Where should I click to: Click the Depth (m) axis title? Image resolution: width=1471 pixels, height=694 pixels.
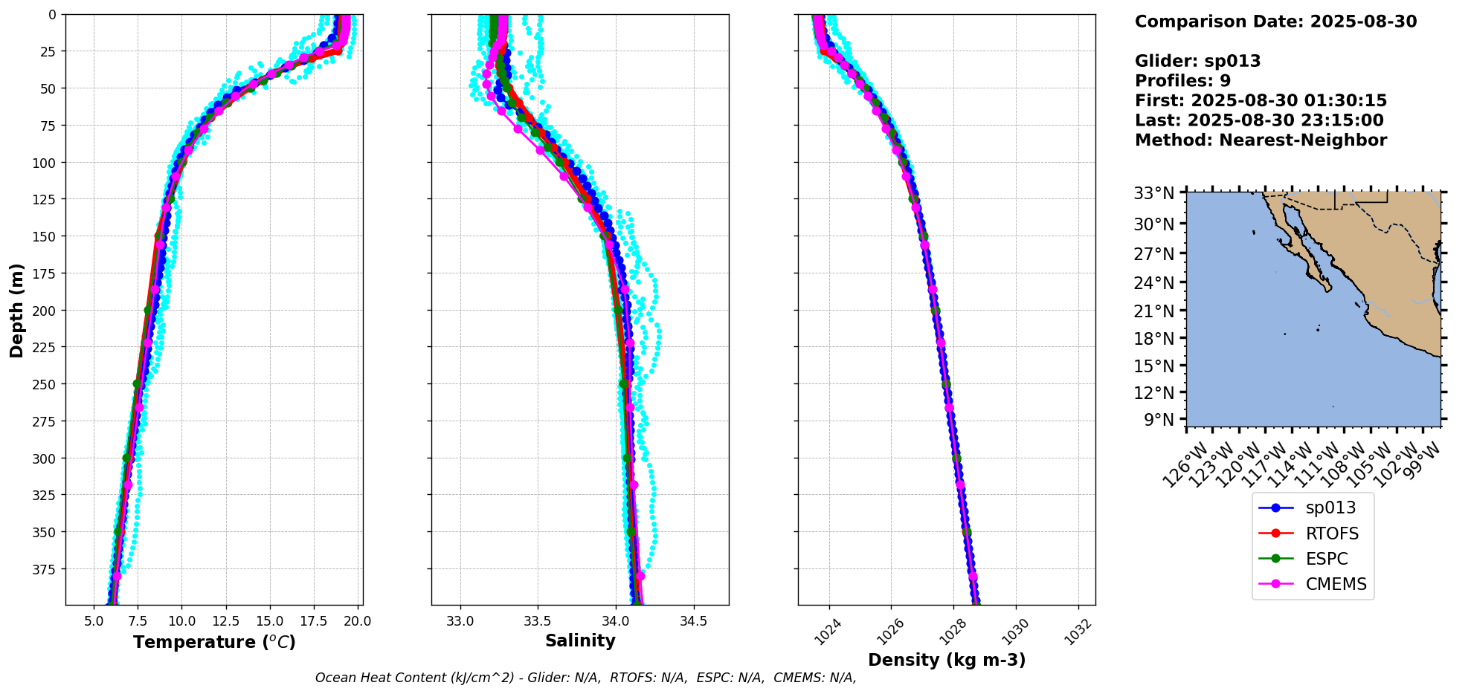[16, 310]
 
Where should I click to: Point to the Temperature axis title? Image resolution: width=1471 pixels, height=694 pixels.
[214, 642]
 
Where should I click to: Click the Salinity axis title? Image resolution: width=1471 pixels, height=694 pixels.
[580, 641]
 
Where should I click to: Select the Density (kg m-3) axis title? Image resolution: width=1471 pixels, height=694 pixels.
[947, 660]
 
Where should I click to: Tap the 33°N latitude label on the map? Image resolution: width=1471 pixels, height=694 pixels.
[1153, 194]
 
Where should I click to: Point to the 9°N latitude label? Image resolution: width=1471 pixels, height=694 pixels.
[1157, 421]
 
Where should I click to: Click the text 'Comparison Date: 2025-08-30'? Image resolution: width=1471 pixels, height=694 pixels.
[1275, 22]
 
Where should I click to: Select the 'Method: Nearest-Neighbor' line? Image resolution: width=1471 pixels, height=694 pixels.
[1261, 140]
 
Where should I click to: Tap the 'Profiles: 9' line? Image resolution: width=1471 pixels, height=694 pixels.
[1182, 81]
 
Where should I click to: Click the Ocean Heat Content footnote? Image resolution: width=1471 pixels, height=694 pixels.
[585, 678]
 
